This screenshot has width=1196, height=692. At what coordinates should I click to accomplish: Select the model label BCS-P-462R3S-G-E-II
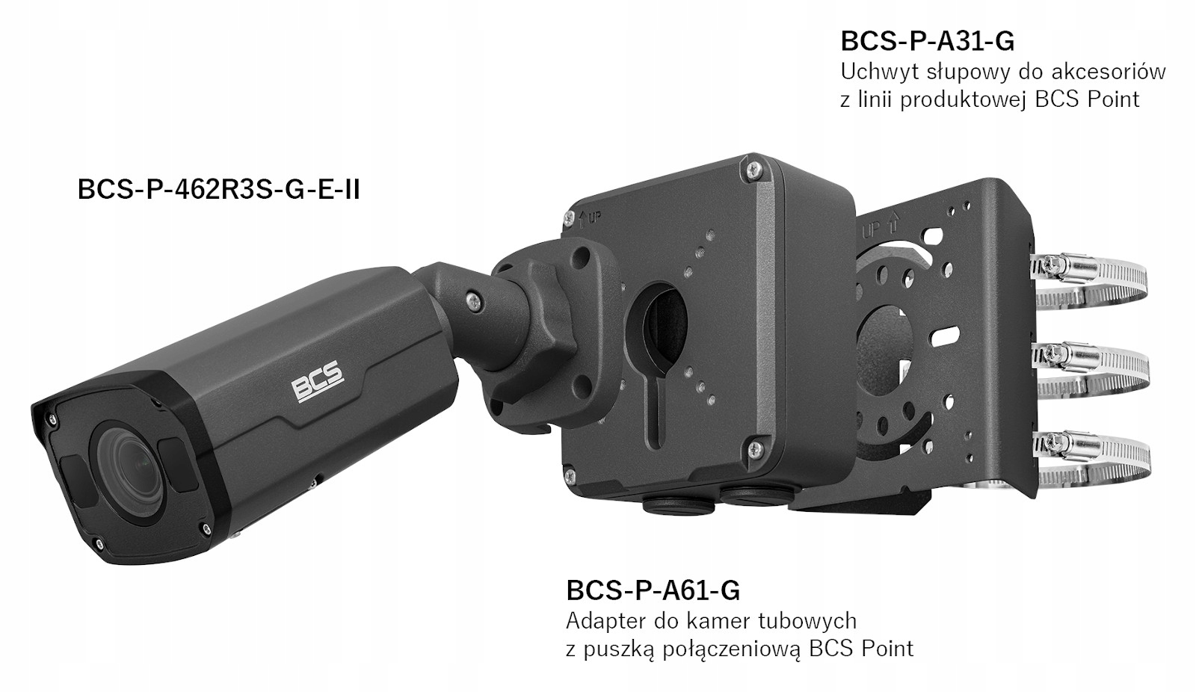click(218, 190)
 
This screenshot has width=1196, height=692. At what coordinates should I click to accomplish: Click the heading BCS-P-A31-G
click(927, 40)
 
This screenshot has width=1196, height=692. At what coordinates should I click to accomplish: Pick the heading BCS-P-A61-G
click(653, 590)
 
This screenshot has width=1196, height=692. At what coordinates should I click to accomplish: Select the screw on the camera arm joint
click(473, 299)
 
